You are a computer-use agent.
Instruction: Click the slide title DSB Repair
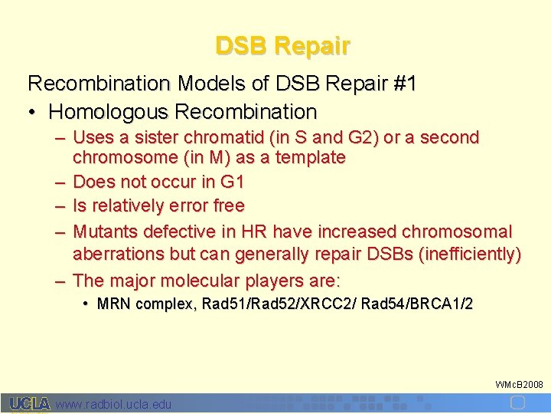point(282,46)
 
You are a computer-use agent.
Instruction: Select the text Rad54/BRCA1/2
point(417,304)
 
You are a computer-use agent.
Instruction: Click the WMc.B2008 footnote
point(520,383)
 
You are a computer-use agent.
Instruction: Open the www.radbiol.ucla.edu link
point(114,404)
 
